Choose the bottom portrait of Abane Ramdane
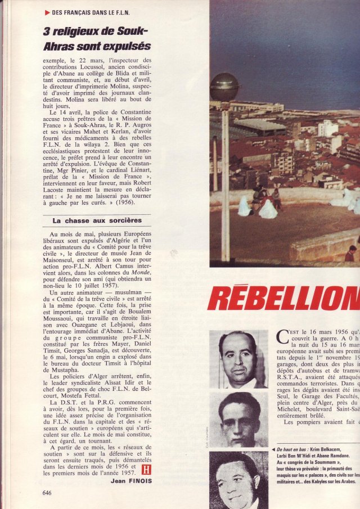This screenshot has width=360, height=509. click(x=238, y=481)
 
